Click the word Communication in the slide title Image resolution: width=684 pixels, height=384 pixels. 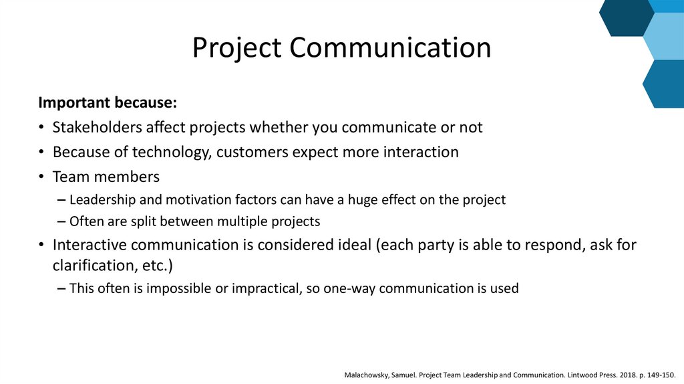390,48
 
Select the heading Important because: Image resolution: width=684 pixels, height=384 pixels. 108,103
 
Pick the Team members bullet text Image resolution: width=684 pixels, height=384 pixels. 106,177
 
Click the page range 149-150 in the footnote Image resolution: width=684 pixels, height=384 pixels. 664,374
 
